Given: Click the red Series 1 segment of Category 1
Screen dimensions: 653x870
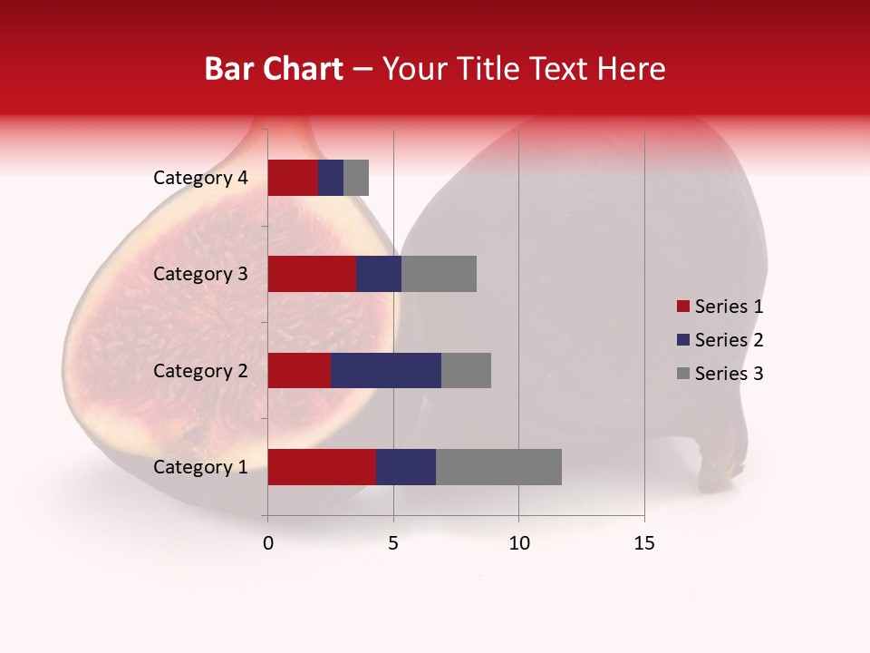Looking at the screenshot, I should click(x=322, y=467).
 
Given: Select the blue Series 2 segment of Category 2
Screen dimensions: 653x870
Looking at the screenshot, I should click(x=386, y=370).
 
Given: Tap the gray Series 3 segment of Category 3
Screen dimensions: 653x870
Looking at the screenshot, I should click(x=439, y=274).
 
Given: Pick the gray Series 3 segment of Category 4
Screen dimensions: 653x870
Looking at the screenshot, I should click(x=356, y=178).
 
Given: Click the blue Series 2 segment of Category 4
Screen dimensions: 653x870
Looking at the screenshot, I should click(x=331, y=178).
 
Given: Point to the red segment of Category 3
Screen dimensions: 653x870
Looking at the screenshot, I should click(x=312, y=274).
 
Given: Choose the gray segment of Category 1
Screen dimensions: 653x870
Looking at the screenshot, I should click(x=498, y=467).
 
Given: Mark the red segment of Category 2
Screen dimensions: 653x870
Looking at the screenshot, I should click(x=299, y=370).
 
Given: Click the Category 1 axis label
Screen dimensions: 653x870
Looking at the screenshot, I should click(x=200, y=467).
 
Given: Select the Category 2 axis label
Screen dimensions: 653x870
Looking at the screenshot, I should click(x=200, y=370).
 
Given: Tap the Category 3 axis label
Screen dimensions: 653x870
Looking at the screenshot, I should click(x=200, y=274).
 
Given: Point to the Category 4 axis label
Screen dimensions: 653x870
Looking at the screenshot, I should click(x=200, y=178).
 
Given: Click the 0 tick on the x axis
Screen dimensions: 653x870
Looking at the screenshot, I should click(x=268, y=543).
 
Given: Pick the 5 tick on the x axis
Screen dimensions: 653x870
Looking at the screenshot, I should click(x=393, y=543).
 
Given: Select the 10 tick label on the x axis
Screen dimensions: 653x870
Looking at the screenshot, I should click(x=518, y=543).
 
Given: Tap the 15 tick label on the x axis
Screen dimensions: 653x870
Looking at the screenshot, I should click(x=644, y=543).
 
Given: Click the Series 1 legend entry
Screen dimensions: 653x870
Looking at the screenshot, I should click(x=720, y=307).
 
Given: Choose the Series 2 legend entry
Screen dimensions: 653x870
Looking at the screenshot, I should click(x=720, y=340).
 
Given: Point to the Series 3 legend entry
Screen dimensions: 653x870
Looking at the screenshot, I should click(x=720, y=374).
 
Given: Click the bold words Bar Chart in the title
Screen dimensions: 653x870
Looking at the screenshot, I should click(x=274, y=69).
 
